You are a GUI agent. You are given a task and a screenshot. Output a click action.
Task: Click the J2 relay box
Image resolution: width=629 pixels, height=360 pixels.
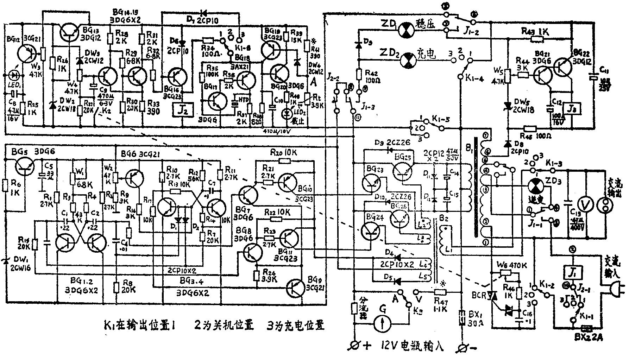point(183,110)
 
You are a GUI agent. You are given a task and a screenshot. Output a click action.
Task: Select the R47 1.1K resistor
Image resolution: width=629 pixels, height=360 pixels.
point(440,292)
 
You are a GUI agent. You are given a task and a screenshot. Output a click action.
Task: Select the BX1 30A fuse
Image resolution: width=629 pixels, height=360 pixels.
point(461,316)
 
